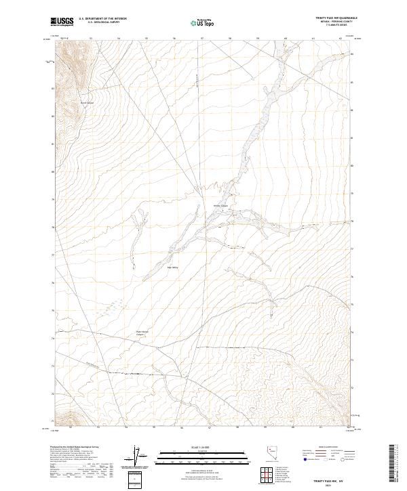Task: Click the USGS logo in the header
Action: point(62,22)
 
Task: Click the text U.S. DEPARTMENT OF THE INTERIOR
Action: point(102,19)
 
